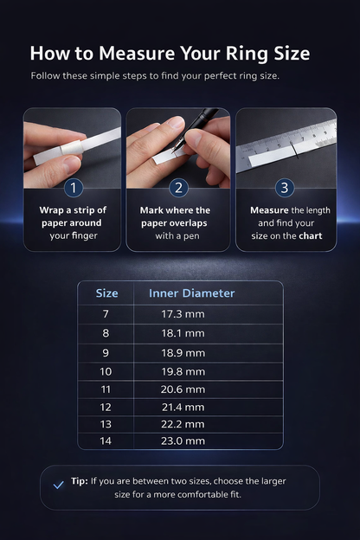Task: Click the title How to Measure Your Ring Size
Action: pyautogui.click(x=170, y=54)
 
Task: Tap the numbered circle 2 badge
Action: pyautogui.click(x=179, y=188)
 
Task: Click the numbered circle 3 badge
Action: pyautogui.click(x=286, y=188)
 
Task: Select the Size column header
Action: pyautogui.click(x=106, y=293)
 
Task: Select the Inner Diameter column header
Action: pyautogui.click(x=191, y=293)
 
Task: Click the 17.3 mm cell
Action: pyautogui.click(x=183, y=314)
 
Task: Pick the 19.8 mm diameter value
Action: pyautogui.click(x=183, y=371)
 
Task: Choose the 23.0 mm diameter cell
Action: pyautogui.click(x=183, y=441)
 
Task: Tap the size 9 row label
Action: pyautogui.click(x=106, y=353)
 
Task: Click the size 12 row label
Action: pyautogui.click(x=106, y=407)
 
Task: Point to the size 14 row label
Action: pyautogui.click(x=106, y=441)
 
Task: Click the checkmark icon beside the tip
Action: pyautogui.click(x=59, y=485)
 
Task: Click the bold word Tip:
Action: pyautogui.click(x=79, y=480)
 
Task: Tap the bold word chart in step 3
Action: pyautogui.click(x=311, y=235)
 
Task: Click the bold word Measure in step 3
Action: pyautogui.click(x=269, y=210)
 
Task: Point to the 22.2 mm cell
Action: pyautogui.click(x=183, y=424)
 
